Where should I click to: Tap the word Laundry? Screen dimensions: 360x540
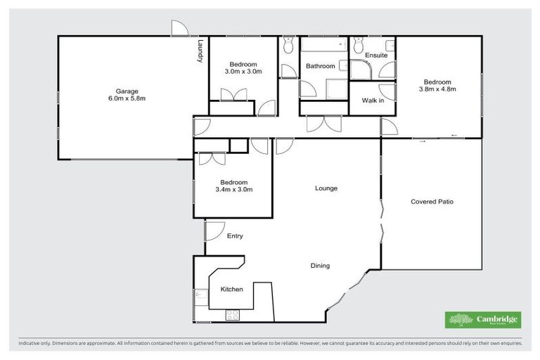200,51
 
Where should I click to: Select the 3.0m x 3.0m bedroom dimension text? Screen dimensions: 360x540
243,71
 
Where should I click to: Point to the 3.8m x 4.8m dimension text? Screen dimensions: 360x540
437,89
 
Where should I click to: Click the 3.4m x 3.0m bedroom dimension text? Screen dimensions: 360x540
233,189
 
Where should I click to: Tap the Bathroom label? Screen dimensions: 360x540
320,66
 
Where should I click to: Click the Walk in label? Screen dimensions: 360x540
372,101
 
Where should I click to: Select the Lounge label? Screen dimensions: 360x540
326,188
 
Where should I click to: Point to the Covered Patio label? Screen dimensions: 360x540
432,202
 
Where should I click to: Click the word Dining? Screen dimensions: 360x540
320,266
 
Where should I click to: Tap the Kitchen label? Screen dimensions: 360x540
231,289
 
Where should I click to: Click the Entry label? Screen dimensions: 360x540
235,236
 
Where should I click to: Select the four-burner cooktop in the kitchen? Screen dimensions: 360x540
233,315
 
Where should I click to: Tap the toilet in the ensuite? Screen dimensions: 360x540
358,47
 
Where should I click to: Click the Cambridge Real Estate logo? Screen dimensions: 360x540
483,320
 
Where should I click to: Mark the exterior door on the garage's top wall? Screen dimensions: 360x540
180,29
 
